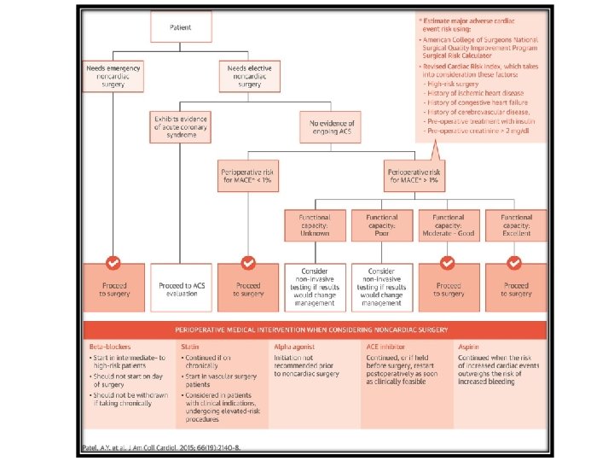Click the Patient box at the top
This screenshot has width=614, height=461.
[x=180, y=28]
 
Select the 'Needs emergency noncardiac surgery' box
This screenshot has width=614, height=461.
[x=112, y=76]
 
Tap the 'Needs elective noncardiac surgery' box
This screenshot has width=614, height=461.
[x=248, y=76]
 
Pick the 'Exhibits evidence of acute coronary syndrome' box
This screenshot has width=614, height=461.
[x=180, y=126]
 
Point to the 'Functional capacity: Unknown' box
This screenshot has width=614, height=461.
[x=316, y=225]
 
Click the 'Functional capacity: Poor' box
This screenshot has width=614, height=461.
[x=382, y=225]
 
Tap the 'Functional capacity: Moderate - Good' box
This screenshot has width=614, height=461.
[x=449, y=225]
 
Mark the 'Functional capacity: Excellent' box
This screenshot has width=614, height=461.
[x=515, y=225]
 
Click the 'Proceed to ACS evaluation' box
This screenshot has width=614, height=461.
[x=180, y=288]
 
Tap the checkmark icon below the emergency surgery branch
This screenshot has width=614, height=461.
[x=113, y=262]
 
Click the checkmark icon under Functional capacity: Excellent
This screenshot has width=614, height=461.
[x=515, y=262]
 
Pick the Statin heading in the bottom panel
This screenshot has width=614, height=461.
[x=189, y=346]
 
